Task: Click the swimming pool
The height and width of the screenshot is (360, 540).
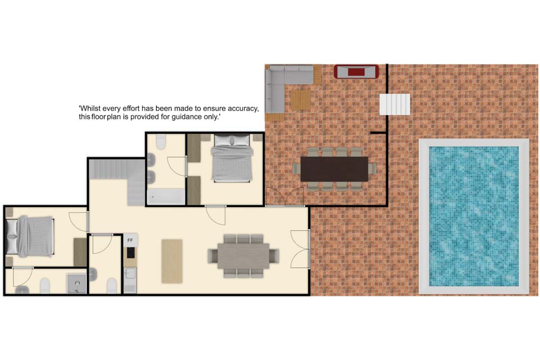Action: (x=474, y=217)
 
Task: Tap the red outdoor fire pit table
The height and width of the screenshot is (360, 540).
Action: (x=356, y=71)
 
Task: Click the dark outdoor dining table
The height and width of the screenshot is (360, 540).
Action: (x=334, y=169)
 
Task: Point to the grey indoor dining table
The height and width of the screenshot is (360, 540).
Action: (x=243, y=256)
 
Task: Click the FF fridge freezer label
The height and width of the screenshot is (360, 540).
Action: (x=130, y=240)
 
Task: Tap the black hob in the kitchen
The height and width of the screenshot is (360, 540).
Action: (x=130, y=253)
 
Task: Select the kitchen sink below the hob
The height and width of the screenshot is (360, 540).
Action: (x=130, y=274)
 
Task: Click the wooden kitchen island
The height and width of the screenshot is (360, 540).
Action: (x=172, y=261)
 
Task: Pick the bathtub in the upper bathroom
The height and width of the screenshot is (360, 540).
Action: (x=166, y=197)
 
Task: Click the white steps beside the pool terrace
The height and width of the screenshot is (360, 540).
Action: (x=395, y=105)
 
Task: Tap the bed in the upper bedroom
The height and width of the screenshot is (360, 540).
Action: (x=232, y=158)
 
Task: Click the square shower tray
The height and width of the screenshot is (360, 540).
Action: (x=76, y=283)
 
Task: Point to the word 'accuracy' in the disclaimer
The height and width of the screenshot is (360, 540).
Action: (x=243, y=109)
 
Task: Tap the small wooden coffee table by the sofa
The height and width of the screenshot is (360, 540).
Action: (x=300, y=100)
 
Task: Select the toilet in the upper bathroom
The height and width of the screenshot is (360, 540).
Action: (x=161, y=142)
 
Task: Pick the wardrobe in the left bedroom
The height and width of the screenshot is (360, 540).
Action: (x=80, y=252)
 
